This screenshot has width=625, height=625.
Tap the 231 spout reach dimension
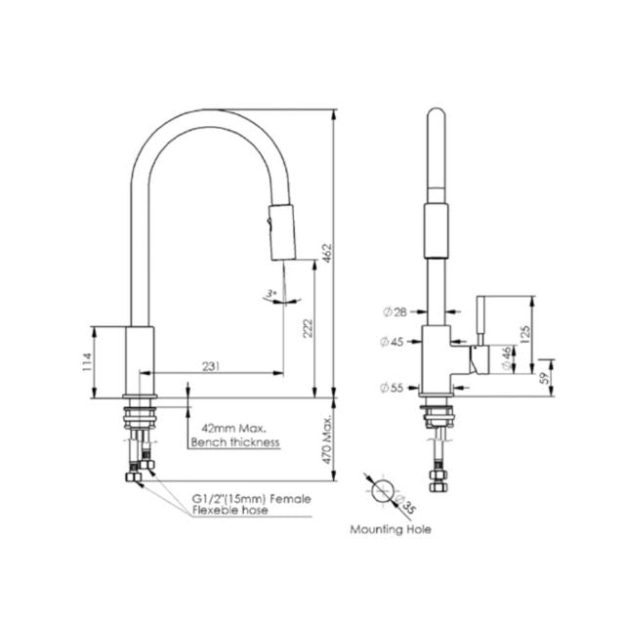(211, 365)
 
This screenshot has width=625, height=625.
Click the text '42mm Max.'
(229, 429)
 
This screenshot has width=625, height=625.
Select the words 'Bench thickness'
(235, 442)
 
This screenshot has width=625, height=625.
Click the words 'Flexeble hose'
(230, 511)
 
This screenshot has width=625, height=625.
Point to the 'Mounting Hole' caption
(390, 529)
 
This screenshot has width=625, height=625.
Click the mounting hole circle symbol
(384, 491)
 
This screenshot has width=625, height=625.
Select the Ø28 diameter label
(396, 312)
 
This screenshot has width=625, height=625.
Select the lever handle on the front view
(480, 321)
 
